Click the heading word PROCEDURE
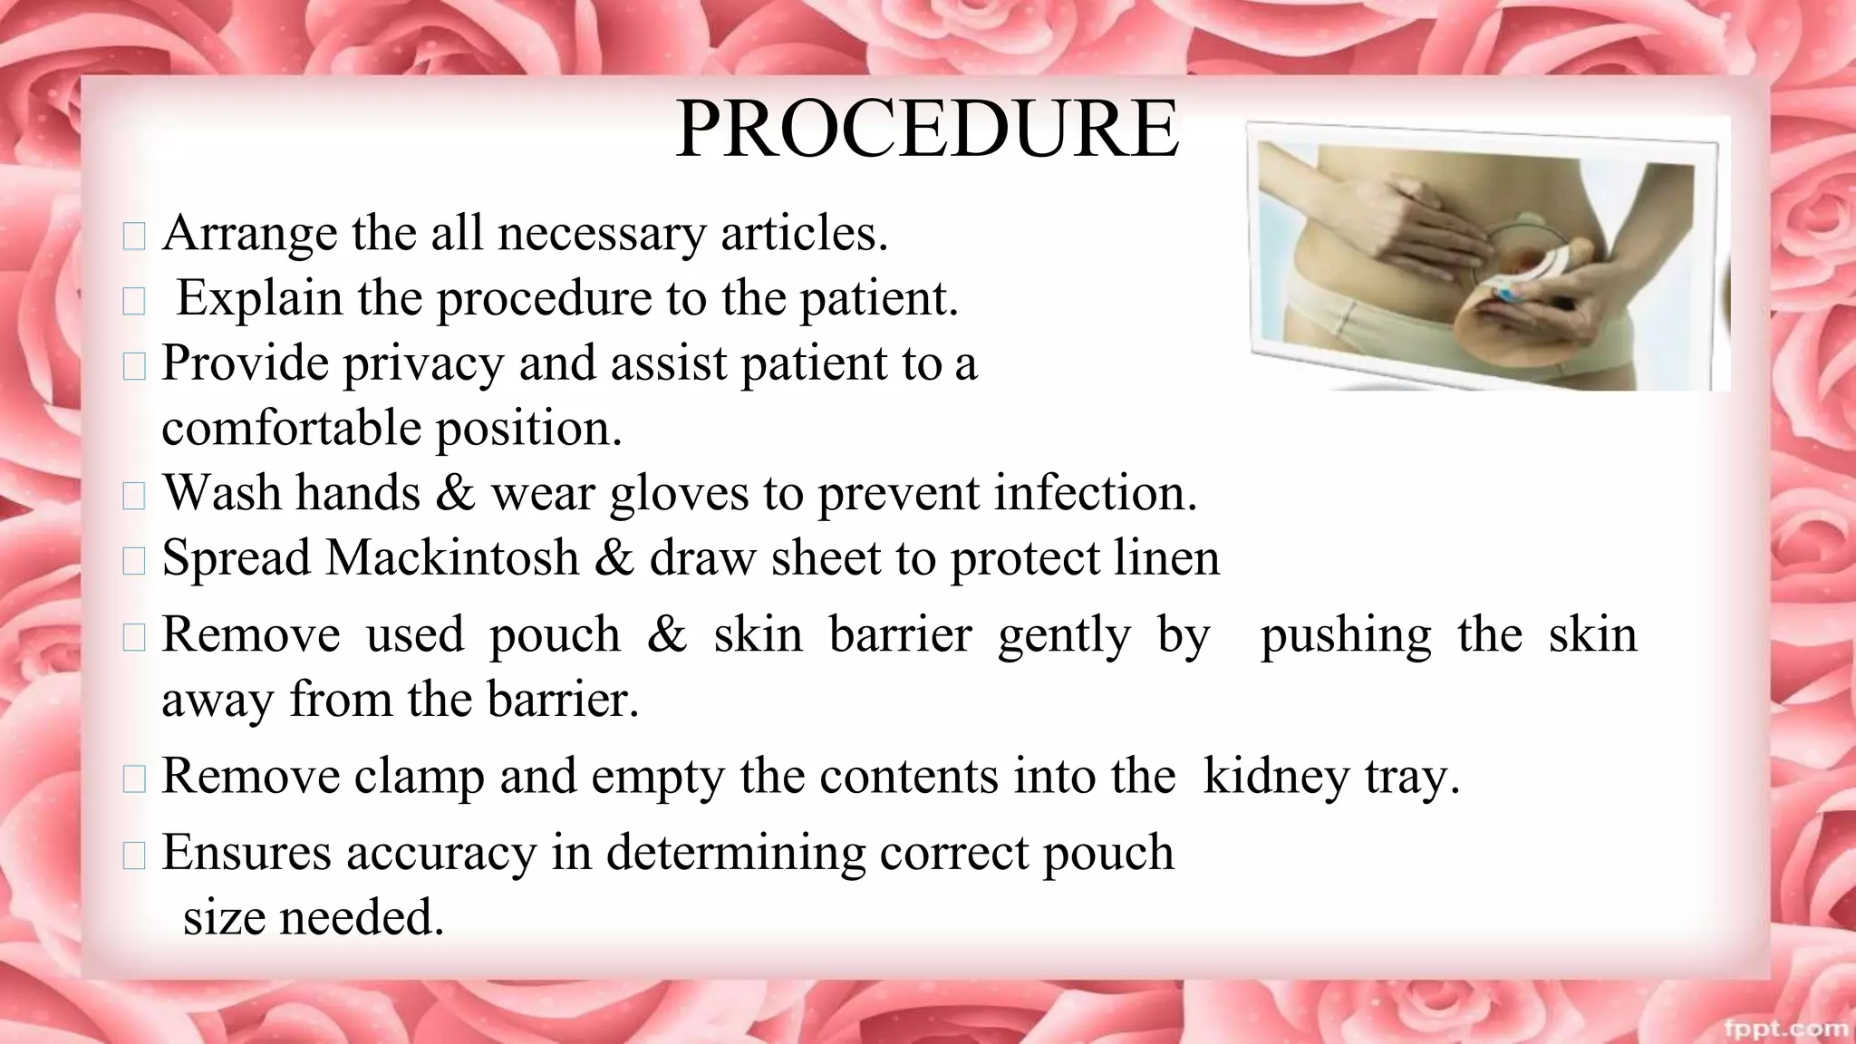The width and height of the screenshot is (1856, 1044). pos(926,131)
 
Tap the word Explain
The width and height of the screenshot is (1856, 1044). pos(258,298)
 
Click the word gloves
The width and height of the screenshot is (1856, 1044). pos(679,494)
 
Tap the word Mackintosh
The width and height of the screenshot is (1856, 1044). pos(451,558)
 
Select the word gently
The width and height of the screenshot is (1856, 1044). pos(1063,635)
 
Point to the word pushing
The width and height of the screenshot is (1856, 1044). pos(1345,635)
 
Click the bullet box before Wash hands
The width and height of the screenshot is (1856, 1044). pos(133,496)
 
